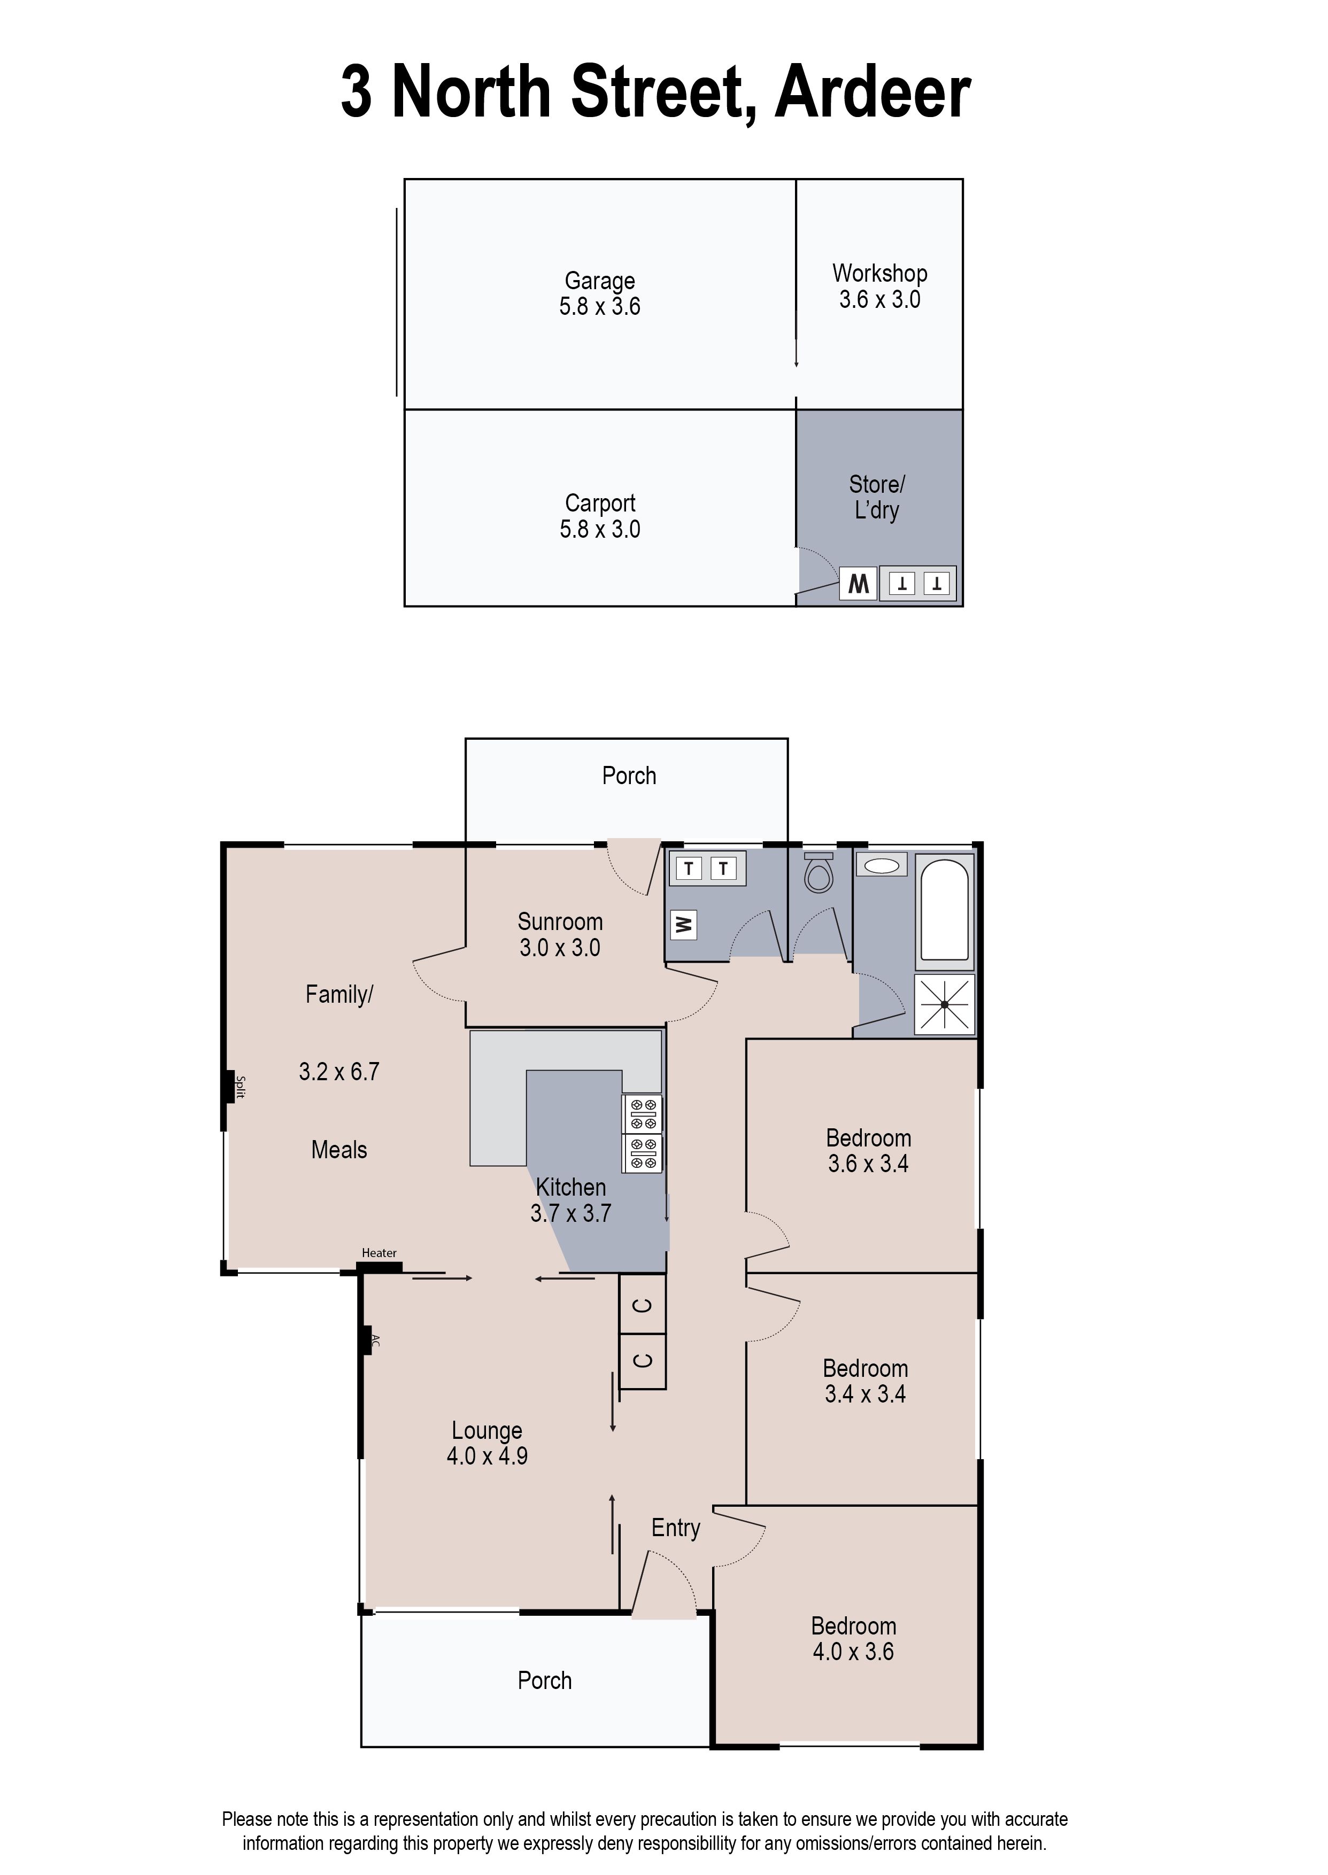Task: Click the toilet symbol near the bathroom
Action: pyautogui.click(x=819, y=874)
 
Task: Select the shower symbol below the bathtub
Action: pyautogui.click(x=945, y=1004)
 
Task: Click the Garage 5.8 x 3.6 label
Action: pyautogui.click(x=599, y=293)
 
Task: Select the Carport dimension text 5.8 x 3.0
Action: pyautogui.click(x=599, y=530)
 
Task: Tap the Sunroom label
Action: pyautogui.click(x=560, y=922)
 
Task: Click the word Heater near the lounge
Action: pyautogui.click(x=379, y=1253)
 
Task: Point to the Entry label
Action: pyautogui.click(x=675, y=1528)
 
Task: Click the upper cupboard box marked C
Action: pyautogui.click(x=643, y=1305)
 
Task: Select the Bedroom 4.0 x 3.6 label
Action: pyautogui.click(x=853, y=1638)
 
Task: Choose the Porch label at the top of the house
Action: pyautogui.click(x=629, y=776)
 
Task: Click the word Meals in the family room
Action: pyautogui.click(x=338, y=1150)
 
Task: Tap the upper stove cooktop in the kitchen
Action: pyautogui.click(x=642, y=1113)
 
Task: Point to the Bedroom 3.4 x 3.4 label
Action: pyautogui.click(x=865, y=1381)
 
